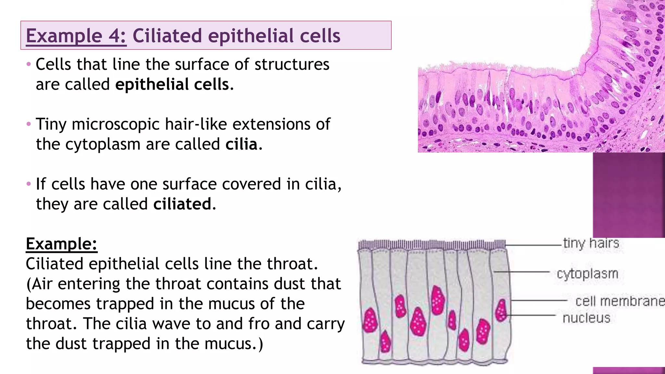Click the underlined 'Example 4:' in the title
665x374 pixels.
point(76,36)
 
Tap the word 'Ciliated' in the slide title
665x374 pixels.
point(167,36)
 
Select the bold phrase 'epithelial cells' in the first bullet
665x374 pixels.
point(172,84)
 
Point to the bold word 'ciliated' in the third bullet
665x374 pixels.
point(182,204)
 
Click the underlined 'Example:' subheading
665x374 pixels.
point(61,244)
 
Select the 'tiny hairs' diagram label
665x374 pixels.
point(591,243)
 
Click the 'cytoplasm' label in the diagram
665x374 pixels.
point(587,273)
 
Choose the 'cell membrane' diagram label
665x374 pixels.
point(620,301)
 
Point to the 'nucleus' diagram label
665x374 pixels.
point(586,318)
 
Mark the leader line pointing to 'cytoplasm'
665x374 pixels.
point(521,271)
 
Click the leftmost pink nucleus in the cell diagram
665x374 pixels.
point(370,320)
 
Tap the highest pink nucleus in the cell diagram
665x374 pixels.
point(438,300)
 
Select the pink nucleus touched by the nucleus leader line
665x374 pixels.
point(501,310)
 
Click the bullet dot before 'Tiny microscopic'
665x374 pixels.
point(29,124)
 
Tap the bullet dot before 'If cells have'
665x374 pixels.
point(29,184)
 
